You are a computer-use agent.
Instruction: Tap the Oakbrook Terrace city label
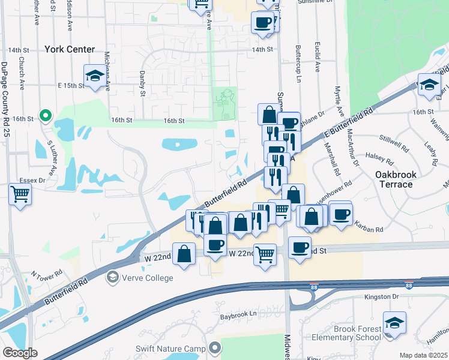point(394,179)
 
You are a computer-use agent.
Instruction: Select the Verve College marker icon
point(112,277)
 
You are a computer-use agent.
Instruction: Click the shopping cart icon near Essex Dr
point(20,194)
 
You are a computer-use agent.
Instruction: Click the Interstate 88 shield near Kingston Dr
point(409,286)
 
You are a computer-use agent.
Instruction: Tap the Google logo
point(19,353)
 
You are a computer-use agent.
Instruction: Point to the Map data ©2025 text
point(423,355)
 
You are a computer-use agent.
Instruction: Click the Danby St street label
point(143,84)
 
